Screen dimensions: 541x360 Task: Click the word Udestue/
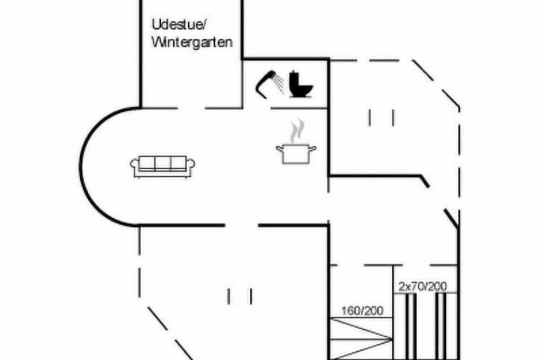click(179, 24)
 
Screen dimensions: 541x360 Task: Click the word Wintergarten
click(192, 42)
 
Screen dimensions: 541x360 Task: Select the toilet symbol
click(301, 84)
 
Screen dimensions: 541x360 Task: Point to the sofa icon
click(162, 167)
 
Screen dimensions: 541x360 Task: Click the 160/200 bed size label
click(362, 311)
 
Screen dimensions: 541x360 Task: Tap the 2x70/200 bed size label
click(423, 286)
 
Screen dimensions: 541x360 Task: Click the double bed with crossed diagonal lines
click(361, 338)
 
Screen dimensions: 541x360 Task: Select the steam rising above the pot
click(296, 131)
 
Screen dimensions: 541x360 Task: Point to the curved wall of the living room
click(82, 167)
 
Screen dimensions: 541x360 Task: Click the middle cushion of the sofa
click(163, 163)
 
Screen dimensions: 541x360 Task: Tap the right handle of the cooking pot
click(312, 149)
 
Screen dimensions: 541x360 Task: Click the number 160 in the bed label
click(350, 311)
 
